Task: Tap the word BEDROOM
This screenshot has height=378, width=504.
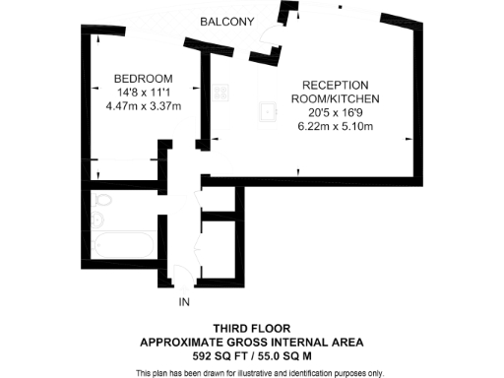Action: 144,79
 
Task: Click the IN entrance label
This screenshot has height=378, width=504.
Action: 183,302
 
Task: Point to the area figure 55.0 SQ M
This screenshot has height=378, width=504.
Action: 288,355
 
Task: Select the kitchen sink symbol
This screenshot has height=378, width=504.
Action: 266,110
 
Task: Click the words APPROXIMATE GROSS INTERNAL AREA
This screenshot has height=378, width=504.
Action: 251,342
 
